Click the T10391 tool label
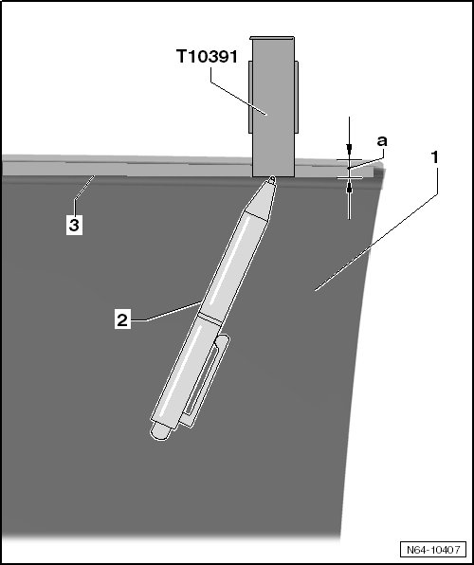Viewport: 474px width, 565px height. coord(208,57)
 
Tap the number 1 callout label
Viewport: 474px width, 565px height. coord(435,157)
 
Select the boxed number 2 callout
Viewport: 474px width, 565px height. coord(122,319)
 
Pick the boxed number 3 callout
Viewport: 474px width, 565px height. coord(74,226)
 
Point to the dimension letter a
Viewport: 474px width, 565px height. coord(382,141)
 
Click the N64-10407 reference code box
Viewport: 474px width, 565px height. coord(433,550)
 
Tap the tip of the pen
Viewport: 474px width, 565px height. coord(272,178)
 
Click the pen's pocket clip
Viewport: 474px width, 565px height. coord(205,380)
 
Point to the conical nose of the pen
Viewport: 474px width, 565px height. coord(261,199)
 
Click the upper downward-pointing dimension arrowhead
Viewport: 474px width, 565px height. coord(349,148)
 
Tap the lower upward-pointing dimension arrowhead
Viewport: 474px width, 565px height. coord(349,188)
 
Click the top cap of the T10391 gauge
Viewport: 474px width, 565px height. coord(272,38)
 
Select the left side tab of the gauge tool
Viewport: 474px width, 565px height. coord(250,97)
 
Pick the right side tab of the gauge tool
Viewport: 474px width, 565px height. coord(297,97)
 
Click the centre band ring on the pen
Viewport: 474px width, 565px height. coord(210,319)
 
